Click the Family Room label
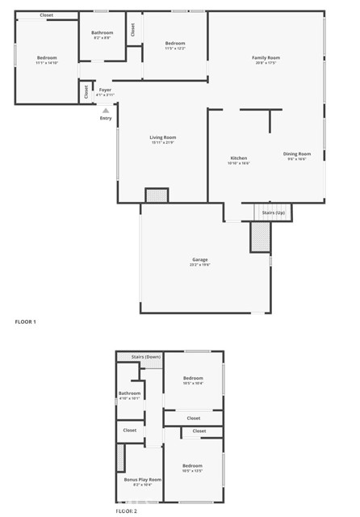pyautogui.click(x=266, y=58)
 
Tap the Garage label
pyautogui.click(x=199, y=259)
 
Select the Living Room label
pyautogui.click(x=162, y=137)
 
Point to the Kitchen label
pyautogui.click(x=239, y=158)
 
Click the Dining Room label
pyautogui.click(x=296, y=153)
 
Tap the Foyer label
pyautogui.click(x=105, y=90)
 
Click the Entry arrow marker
pyautogui.click(x=105, y=111)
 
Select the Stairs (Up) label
pyautogui.click(x=274, y=212)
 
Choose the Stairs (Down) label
pyautogui.click(x=146, y=356)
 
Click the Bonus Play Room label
pyautogui.click(x=142, y=480)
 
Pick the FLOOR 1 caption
pyautogui.click(x=26, y=322)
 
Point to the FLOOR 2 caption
pyautogui.click(x=126, y=511)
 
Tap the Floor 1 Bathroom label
pyautogui.click(x=102, y=33)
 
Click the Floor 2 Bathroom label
pyautogui.click(x=130, y=393)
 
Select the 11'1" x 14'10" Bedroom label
pyautogui.click(x=47, y=58)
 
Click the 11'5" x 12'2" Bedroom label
pyautogui.click(x=175, y=43)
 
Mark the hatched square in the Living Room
pyautogui.click(x=156, y=195)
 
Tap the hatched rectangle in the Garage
pyautogui.click(x=260, y=237)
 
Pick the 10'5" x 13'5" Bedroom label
pyautogui.click(x=192, y=466)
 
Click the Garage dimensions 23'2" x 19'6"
pyautogui.click(x=199, y=265)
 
